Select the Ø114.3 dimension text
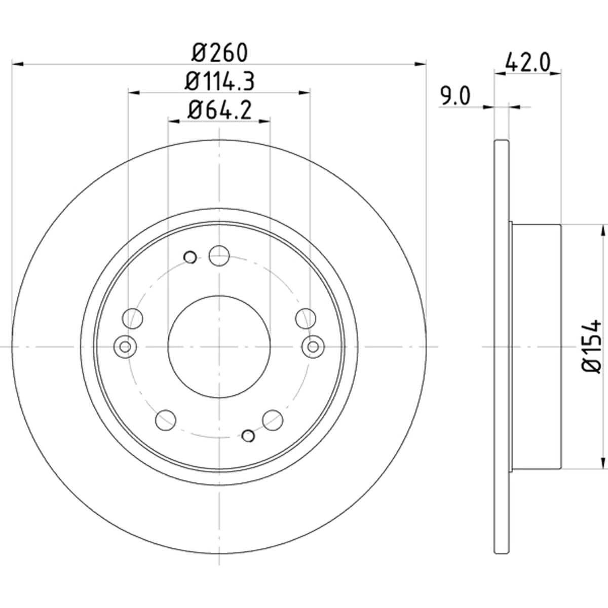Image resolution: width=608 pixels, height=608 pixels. [219, 82]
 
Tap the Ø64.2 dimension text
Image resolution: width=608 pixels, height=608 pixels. [219, 110]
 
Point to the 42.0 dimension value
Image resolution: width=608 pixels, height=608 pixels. [527, 62]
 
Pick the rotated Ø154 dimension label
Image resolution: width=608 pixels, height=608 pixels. [590, 347]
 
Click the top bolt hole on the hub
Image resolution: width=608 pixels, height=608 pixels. [219, 255]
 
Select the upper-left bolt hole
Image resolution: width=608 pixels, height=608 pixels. [132, 318]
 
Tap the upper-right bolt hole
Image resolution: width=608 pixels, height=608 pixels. [306, 318]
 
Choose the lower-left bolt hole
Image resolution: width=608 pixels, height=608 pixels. [166, 420]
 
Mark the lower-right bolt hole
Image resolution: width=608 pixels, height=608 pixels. [273, 420]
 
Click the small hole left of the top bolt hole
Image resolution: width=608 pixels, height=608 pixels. [190, 257]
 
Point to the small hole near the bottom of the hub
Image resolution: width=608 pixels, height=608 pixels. [248, 436]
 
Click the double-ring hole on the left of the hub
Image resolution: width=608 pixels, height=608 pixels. [125, 347]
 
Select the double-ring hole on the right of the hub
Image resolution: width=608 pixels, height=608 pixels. [313, 347]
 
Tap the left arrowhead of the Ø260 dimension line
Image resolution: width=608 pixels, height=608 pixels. [18, 64]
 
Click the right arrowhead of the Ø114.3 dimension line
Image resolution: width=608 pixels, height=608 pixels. [304, 92]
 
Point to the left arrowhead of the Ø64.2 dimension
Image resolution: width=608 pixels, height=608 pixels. [174, 121]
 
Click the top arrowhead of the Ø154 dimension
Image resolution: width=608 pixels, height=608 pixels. [603, 231]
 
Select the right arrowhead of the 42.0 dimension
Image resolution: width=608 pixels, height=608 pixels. [555, 73]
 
